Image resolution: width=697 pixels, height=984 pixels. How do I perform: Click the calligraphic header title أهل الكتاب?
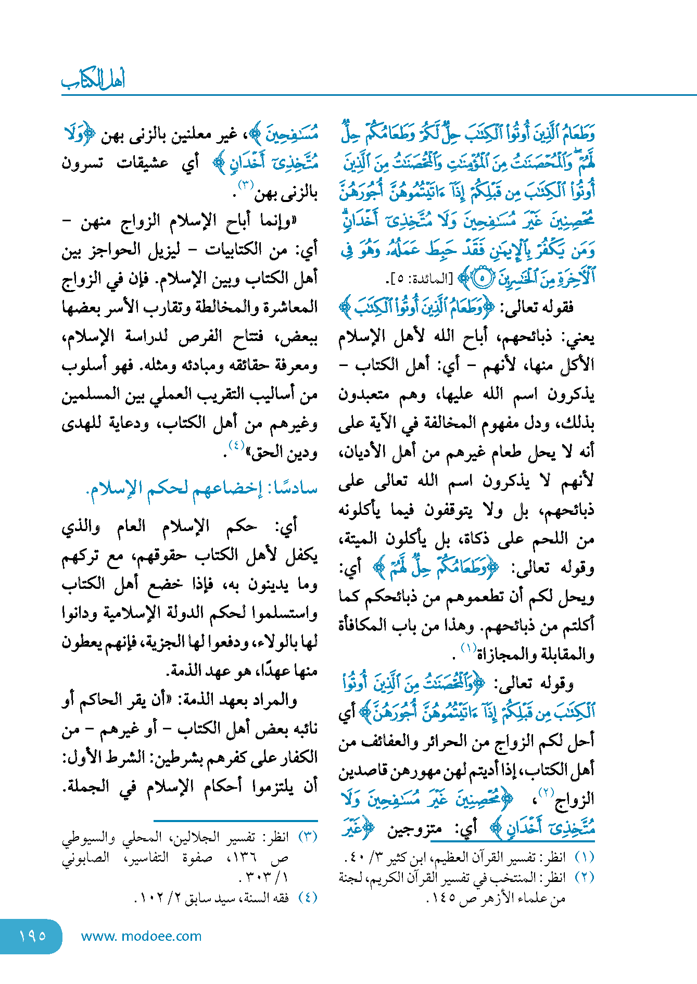(93, 79)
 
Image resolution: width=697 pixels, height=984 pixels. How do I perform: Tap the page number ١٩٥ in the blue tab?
(32, 936)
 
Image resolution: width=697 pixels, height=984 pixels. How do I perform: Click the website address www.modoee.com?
(141, 936)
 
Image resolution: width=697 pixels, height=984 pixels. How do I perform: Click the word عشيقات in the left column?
(142, 163)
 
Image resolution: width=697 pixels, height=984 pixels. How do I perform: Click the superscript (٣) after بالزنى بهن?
(245, 185)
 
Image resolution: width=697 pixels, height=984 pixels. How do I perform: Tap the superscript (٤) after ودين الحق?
(236, 445)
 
